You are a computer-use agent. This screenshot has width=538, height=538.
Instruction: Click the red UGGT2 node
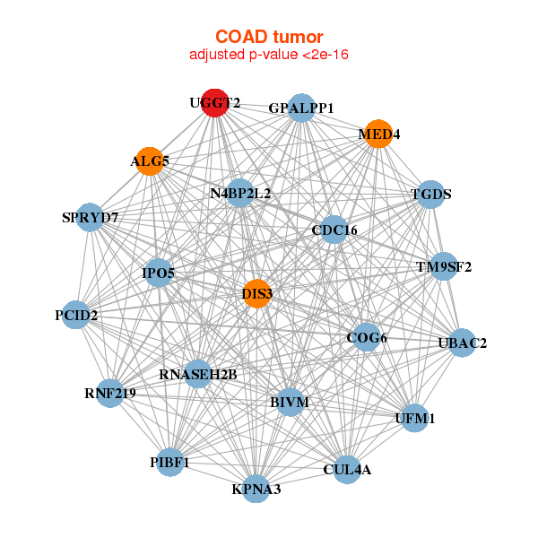(215, 103)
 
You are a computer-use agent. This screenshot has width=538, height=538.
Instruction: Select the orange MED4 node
(378, 134)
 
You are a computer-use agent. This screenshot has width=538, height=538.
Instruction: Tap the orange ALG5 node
(150, 161)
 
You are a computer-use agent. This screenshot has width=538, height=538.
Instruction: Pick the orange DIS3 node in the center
(256, 294)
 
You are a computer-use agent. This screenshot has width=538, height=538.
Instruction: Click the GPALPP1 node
(301, 108)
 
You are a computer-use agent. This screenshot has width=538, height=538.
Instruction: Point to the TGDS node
(431, 195)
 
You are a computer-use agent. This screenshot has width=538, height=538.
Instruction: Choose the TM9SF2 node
(444, 266)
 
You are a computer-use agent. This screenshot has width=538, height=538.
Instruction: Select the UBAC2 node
(462, 343)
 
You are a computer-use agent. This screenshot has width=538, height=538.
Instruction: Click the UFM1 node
(415, 418)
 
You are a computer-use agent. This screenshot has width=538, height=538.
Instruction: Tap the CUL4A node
(347, 469)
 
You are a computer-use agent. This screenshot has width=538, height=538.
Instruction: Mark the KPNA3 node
(256, 489)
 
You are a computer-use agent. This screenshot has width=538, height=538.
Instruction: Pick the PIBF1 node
(169, 462)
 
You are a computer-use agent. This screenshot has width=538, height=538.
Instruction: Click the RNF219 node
(109, 394)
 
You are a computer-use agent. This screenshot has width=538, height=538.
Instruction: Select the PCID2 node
(76, 315)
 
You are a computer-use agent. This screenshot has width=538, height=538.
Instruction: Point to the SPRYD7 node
(90, 217)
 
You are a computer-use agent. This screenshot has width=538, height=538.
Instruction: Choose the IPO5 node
(159, 273)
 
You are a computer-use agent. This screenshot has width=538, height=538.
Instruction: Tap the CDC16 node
(334, 230)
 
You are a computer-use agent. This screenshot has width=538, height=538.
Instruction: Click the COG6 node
(367, 337)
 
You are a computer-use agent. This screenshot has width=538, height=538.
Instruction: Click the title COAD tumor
(269, 37)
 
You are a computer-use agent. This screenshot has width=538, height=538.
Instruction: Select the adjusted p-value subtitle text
(269, 55)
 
